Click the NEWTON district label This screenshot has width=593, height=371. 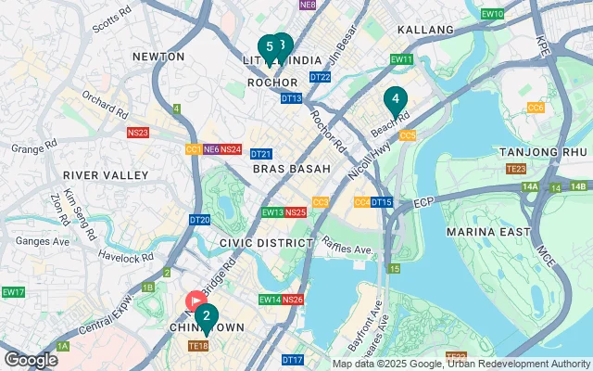159,57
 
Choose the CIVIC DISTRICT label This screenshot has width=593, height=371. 267,242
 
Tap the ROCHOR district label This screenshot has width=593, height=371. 272,83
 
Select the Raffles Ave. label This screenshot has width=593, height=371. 347,246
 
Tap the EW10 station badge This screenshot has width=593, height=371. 493,14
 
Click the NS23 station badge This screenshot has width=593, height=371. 138,134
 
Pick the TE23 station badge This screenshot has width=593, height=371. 516,169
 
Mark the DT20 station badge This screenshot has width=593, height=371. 199,220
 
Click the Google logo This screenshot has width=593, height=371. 31,359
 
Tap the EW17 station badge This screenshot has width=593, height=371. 13,292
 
